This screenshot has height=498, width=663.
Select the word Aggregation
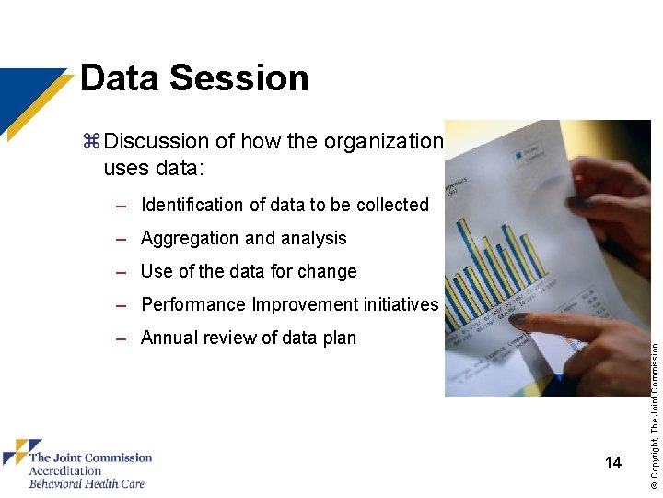pos(191,238)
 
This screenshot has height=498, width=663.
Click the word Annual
pos(169,338)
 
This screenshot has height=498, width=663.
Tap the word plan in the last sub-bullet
pos(337,338)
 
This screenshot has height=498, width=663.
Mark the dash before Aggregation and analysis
pos(122,239)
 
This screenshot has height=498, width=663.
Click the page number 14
pos(613,463)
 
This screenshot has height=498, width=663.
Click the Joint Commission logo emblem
pos(20,453)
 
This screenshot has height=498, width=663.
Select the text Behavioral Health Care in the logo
pos(87,483)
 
